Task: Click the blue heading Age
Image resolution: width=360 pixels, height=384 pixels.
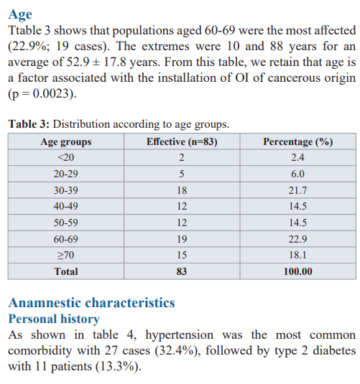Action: click(x=20, y=14)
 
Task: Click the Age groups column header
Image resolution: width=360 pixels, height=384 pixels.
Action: click(x=66, y=142)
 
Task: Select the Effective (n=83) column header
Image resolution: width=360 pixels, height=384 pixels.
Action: click(x=182, y=142)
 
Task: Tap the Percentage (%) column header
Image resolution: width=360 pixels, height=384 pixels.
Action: click(x=298, y=142)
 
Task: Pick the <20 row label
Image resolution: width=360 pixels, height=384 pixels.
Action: click(x=65, y=157)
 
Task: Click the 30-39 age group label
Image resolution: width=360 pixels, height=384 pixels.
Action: click(x=65, y=190)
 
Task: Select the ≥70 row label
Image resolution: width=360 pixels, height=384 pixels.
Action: click(x=65, y=256)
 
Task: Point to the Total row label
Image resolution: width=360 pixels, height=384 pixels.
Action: click(x=66, y=271)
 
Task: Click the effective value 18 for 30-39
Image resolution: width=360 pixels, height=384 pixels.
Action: click(x=182, y=190)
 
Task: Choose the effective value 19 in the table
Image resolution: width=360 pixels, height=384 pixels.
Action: click(x=182, y=239)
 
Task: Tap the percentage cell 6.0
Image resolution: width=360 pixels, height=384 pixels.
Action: click(x=297, y=174)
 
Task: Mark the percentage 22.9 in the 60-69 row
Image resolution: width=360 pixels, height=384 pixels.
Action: click(x=297, y=239)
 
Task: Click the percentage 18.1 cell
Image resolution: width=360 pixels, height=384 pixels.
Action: click(x=297, y=256)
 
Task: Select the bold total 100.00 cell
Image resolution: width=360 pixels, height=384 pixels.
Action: click(x=298, y=271)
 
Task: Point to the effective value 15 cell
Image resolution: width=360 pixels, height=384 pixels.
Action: click(x=182, y=256)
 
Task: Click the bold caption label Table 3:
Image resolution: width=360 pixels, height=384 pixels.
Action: click(x=29, y=124)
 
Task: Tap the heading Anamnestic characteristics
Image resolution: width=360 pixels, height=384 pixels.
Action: click(x=92, y=303)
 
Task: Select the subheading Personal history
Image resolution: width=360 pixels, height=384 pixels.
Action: click(x=54, y=319)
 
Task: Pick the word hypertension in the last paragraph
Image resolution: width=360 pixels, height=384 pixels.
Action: click(x=179, y=335)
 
